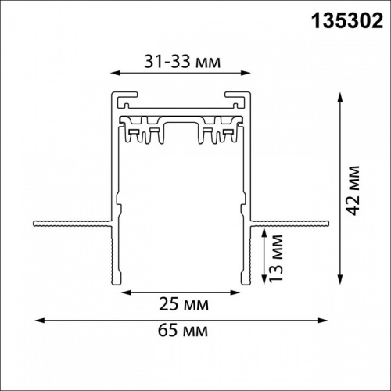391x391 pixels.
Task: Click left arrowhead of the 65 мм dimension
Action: pos(36,319)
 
